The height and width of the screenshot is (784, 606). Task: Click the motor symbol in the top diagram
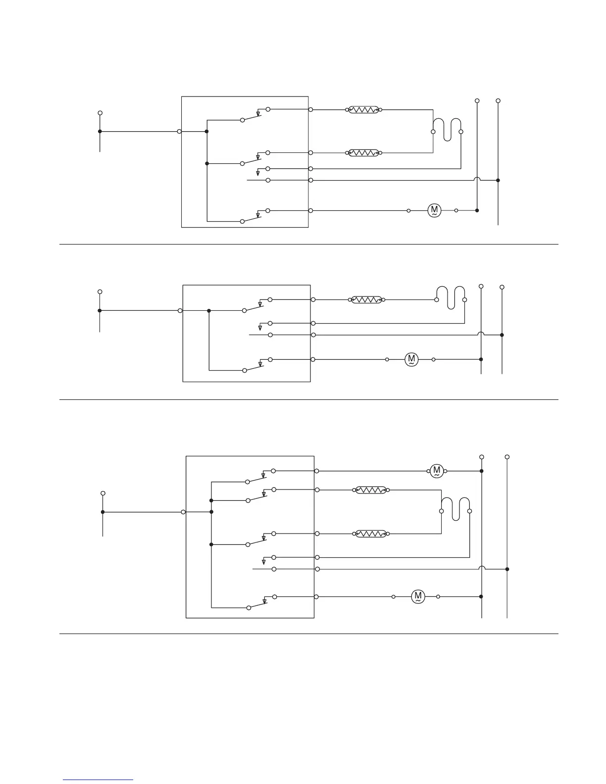(x=434, y=210)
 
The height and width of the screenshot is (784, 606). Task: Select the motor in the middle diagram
(x=411, y=359)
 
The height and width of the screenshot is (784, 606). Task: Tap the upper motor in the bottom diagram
(x=437, y=471)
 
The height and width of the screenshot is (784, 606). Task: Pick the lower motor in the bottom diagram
(x=418, y=596)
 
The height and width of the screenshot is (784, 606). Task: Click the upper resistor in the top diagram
(x=364, y=109)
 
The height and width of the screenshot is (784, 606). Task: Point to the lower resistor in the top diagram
(x=364, y=153)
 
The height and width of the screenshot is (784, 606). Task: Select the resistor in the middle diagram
(x=366, y=299)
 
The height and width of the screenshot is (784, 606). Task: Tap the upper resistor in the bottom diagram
(x=371, y=490)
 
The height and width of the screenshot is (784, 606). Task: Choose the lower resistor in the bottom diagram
(x=371, y=534)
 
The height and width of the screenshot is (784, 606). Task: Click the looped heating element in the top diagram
(x=447, y=130)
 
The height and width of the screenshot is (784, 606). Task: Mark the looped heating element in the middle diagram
(x=450, y=296)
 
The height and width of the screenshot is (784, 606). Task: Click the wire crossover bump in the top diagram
(x=477, y=179)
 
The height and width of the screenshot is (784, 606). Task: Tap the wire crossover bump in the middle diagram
(x=481, y=334)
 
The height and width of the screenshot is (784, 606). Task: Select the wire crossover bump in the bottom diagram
(x=482, y=568)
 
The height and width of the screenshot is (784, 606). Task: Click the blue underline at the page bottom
(x=98, y=780)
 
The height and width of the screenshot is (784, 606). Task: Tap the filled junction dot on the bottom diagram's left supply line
(x=102, y=512)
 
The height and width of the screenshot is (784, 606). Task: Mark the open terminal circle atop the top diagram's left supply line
(x=100, y=113)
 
